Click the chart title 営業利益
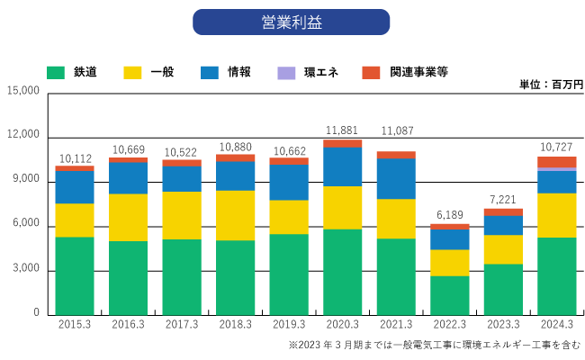(291, 22)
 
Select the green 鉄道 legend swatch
(56, 72)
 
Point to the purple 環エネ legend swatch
(286, 72)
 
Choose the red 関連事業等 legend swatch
(370, 72)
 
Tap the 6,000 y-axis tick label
(25, 224)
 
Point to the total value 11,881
(342, 130)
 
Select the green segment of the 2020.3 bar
(342, 271)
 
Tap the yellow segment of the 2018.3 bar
(235, 215)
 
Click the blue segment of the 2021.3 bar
(396, 178)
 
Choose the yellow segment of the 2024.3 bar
(557, 215)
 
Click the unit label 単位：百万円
(551, 84)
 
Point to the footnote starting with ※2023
(434, 345)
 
